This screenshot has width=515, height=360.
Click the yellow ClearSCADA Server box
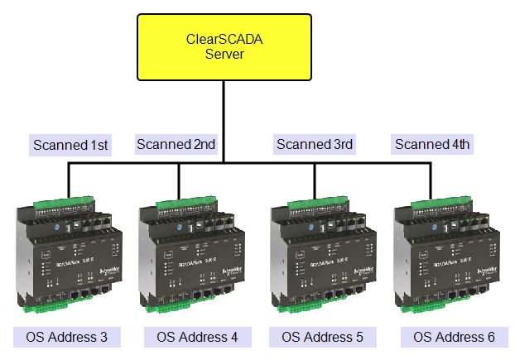point(224,46)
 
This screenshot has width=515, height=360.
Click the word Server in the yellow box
point(224,55)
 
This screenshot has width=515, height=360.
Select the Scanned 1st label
point(71,145)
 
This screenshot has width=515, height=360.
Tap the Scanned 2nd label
point(176,145)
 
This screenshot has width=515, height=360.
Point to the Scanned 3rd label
point(315,145)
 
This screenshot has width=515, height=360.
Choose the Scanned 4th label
point(432,145)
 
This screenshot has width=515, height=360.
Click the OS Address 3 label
point(67,337)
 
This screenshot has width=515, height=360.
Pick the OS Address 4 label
point(197,337)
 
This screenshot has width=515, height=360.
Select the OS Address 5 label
point(323,337)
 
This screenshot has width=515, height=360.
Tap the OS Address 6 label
point(455,337)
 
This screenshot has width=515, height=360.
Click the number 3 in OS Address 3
point(103,337)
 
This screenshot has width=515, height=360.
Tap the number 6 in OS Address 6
point(491,337)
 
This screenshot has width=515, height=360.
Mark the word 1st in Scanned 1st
point(99,145)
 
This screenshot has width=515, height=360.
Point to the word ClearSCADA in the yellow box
point(224,39)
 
